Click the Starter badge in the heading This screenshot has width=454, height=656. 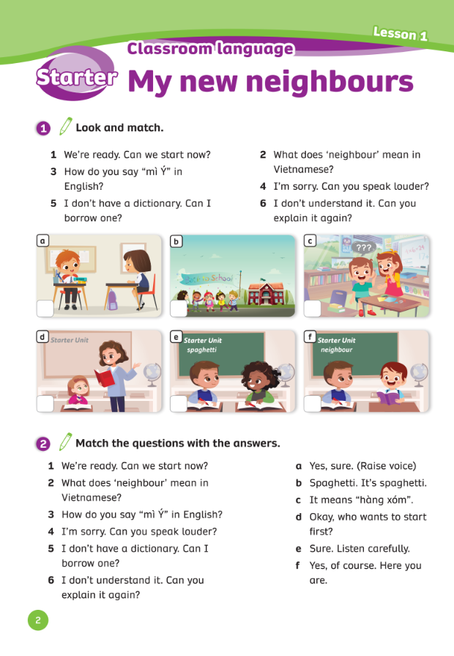(75, 78)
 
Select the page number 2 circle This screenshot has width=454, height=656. (38, 620)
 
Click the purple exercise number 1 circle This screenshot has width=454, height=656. (43, 128)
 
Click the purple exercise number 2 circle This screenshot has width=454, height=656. (43, 443)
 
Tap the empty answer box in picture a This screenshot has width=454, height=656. (45, 309)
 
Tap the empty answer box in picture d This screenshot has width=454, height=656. (45, 404)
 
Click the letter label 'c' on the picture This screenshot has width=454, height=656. (310, 240)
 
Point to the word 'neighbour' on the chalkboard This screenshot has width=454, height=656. (336, 350)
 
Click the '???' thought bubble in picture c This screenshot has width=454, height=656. (362, 248)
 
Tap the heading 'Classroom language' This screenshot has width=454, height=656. (210, 49)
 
